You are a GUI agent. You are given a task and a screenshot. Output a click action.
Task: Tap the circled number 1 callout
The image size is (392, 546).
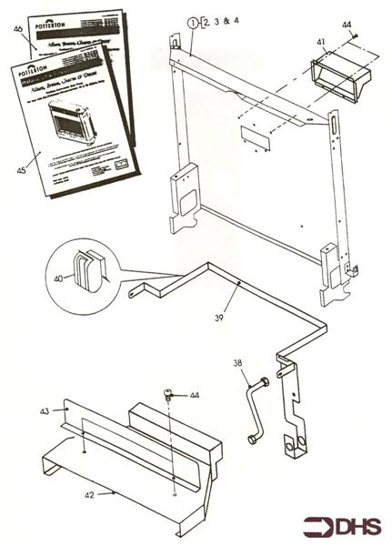pos(192,20)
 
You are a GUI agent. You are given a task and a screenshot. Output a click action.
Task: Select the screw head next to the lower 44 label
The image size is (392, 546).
pos(169,394)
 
